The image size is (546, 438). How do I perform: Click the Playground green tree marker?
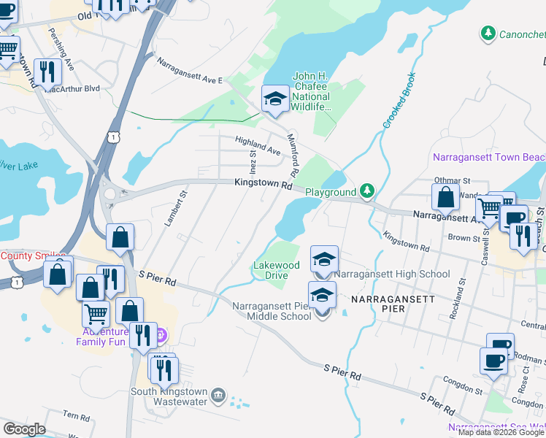[x=368, y=192]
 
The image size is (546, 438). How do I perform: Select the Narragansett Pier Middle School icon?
[x=322, y=296]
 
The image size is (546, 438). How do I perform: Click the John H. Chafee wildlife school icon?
[x=275, y=99]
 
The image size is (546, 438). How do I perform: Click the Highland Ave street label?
[x=258, y=145]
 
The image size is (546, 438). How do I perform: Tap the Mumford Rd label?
[x=294, y=155]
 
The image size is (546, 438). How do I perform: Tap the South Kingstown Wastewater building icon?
[x=218, y=396]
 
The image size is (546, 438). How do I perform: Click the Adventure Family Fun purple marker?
[x=161, y=335]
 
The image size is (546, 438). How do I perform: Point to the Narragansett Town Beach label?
[x=488, y=157]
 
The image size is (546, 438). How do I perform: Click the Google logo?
[x=24, y=429]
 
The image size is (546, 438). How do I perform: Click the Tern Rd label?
[x=76, y=417]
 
